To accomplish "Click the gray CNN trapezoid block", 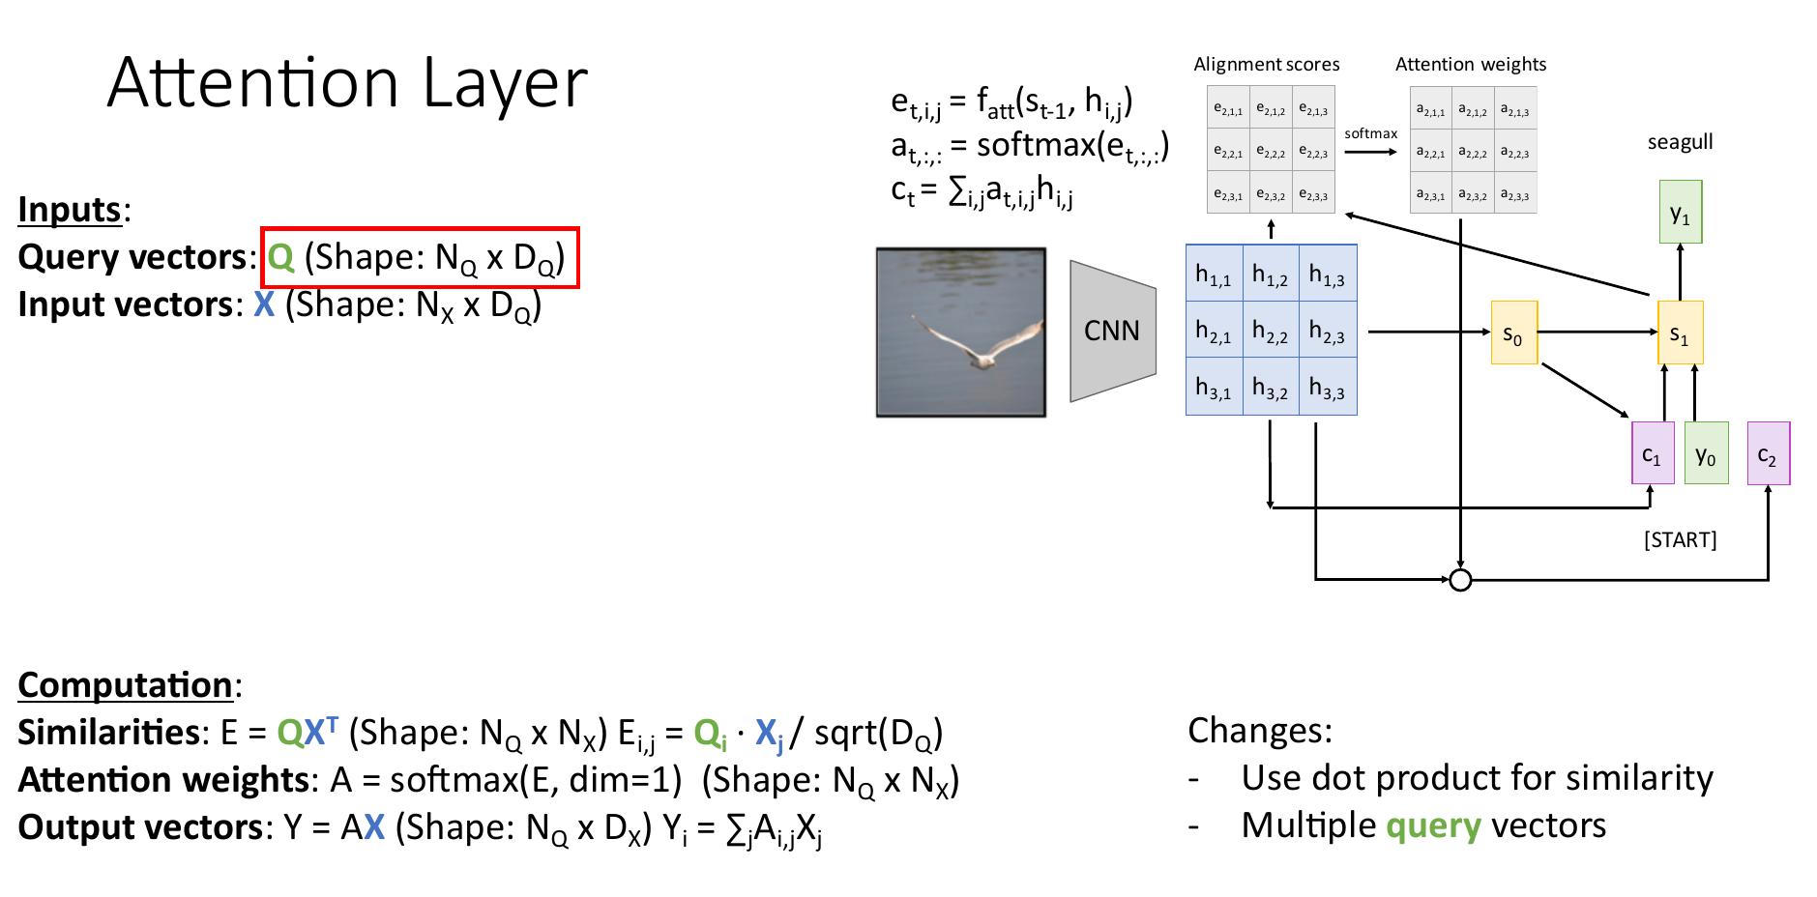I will pyautogui.click(x=1112, y=331).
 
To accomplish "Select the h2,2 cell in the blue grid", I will pyautogui.click(x=1270, y=332).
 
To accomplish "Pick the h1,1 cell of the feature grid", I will pyautogui.click(x=1214, y=275).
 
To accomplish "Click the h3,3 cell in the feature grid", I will pyautogui.click(x=1327, y=389).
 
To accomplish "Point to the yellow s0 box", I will pyautogui.click(x=1513, y=333).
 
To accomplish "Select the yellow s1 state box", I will pyautogui.click(x=1680, y=333).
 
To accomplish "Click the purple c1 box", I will pyautogui.click(x=1653, y=454).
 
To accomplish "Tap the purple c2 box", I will pyautogui.click(x=1768, y=454).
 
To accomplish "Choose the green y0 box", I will pyautogui.click(x=1706, y=454).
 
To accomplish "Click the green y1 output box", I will pyautogui.click(x=1680, y=213).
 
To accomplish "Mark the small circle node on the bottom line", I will pyautogui.click(x=1460, y=580).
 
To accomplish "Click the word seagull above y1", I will pyautogui.click(x=1680, y=142).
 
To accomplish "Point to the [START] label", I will pyautogui.click(x=1680, y=539).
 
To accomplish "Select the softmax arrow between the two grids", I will pyautogui.click(x=1370, y=152).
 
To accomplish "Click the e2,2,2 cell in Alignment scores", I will pyautogui.click(x=1271, y=152).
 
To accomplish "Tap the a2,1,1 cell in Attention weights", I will pyautogui.click(x=1430, y=110).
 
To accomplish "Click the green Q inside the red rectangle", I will pyautogui.click(x=280, y=257).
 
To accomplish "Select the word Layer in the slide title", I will pyautogui.click(x=505, y=84).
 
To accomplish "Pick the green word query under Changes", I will pyautogui.click(x=1433, y=826).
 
